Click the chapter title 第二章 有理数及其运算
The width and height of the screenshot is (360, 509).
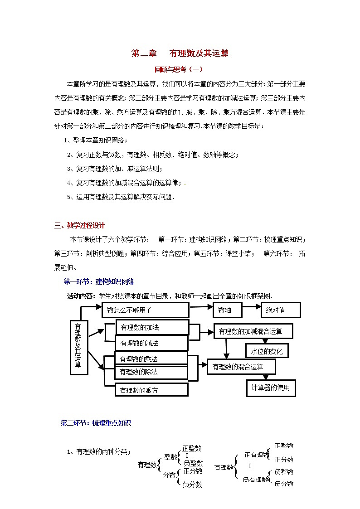(180, 53)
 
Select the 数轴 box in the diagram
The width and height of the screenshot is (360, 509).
(227, 310)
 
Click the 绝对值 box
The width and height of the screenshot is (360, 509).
(281, 310)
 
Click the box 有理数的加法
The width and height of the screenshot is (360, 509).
(152, 327)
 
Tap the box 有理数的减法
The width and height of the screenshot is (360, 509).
(151, 343)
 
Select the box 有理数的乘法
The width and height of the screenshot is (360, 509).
(151, 358)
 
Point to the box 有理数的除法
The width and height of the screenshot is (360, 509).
(151, 372)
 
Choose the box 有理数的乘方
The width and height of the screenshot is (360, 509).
(151, 389)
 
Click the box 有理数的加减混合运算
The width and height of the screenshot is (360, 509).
(253, 331)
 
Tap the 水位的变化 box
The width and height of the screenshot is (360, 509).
(267, 351)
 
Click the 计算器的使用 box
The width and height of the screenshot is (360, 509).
(270, 388)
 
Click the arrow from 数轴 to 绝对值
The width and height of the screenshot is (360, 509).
(252, 310)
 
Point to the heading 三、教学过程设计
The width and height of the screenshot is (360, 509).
(80, 225)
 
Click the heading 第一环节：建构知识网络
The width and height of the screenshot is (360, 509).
(99, 281)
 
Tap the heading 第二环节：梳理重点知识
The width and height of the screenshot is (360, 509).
(96, 423)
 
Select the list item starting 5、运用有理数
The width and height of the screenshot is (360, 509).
(120, 197)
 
